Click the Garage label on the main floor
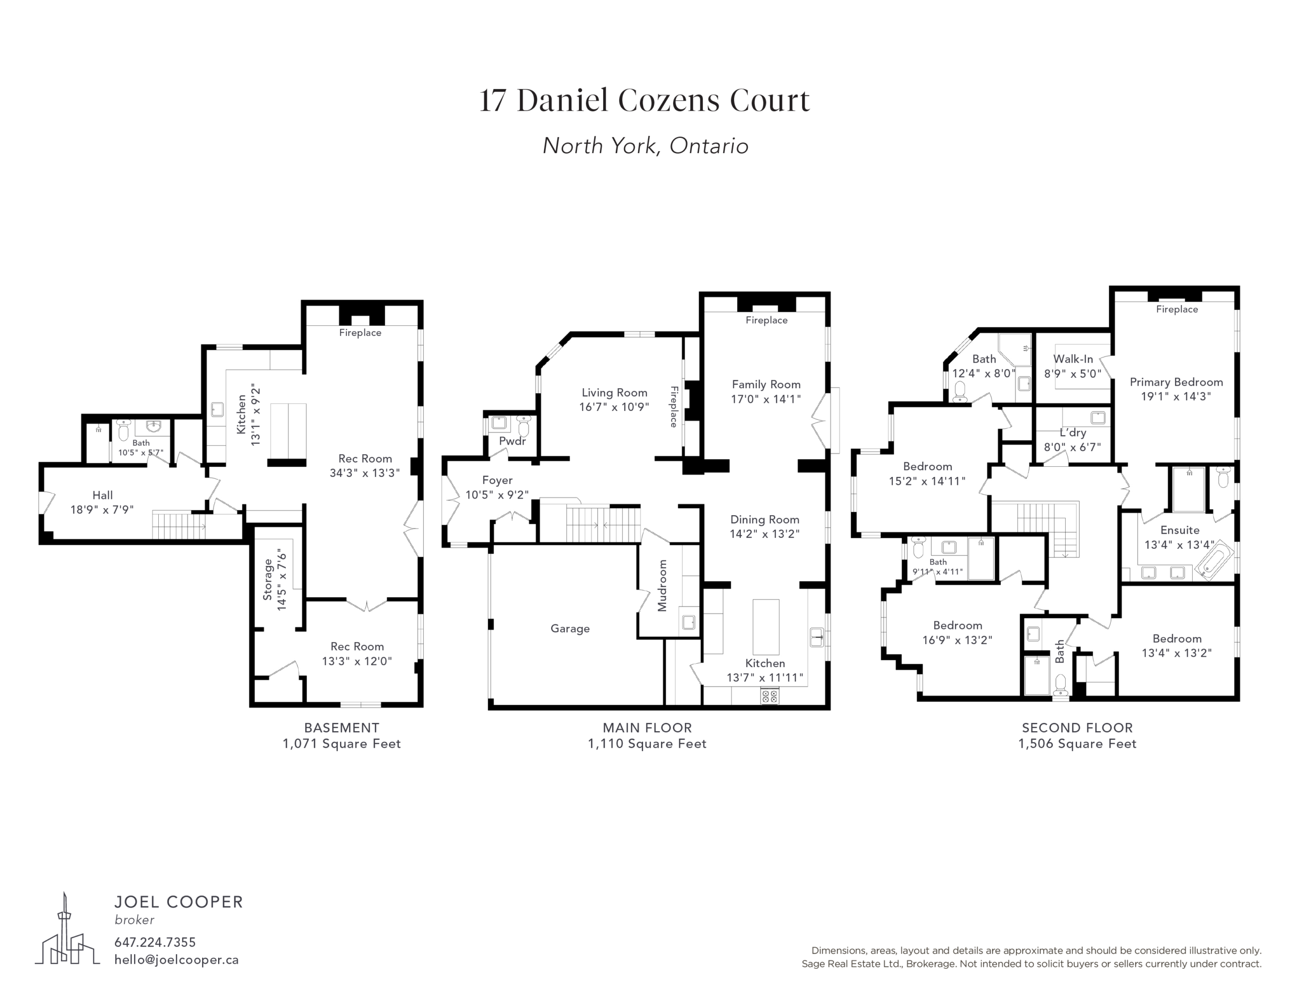[x=570, y=629]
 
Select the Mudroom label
[x=662, y=586]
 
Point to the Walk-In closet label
[x=1073, y=359]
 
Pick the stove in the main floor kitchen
[x=769, y=696]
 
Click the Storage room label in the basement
[x=268, y=580]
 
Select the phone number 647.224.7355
[x=155, y=942]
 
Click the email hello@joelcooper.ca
[x=176, y=960]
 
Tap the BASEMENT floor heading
[x=342, y=728]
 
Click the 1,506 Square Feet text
[x=1077, y=744]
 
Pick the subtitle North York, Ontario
[x=645, y=146]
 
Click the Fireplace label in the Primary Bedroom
[x=1177, y=309]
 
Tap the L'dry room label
[x=1073, y=433]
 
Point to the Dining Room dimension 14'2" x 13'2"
[x=764, y=534]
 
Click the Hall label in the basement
[x=102, y=495]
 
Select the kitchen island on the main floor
[x=765, y=627]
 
